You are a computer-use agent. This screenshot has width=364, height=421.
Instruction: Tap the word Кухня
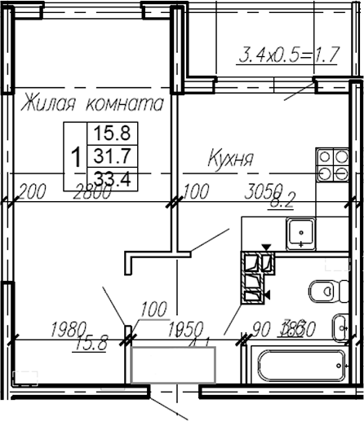click(232, 157)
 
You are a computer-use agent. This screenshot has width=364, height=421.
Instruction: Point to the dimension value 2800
click(91, 192)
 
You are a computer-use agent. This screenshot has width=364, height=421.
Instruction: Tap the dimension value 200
click(30, 192)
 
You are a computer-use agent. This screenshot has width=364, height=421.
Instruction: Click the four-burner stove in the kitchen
click(332, 164)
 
